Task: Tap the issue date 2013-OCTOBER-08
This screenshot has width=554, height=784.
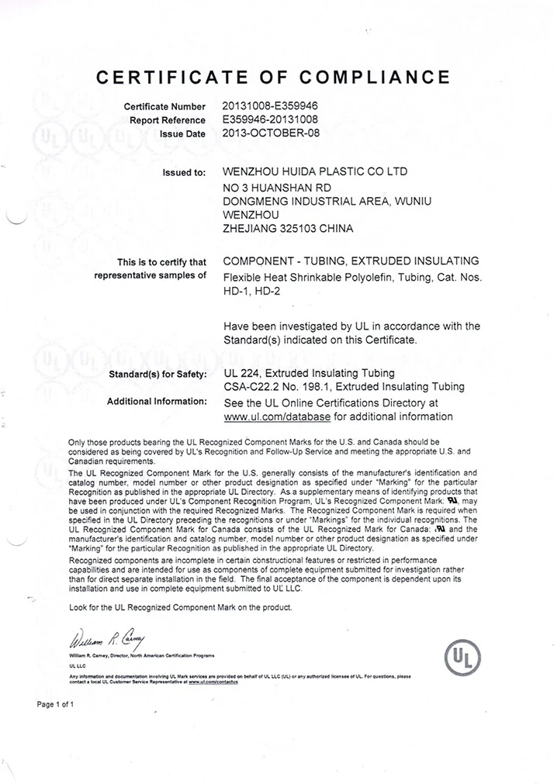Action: coord(270,133)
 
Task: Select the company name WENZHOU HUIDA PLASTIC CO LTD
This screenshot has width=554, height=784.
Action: coord(314,171)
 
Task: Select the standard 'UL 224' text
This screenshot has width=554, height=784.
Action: coord(241,373)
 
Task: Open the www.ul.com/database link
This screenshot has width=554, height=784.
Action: coord(277,416)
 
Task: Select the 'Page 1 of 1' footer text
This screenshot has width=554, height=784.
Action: coord(55,704)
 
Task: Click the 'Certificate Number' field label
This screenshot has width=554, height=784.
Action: coord(164,106)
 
